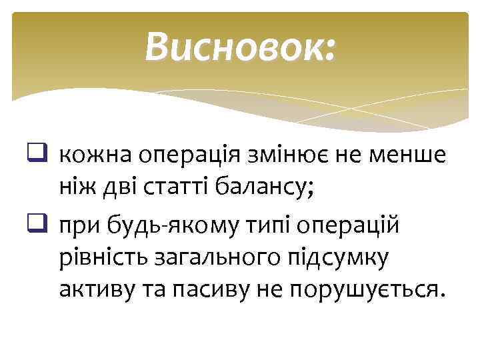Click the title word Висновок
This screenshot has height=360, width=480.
(x=236, y=46)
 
